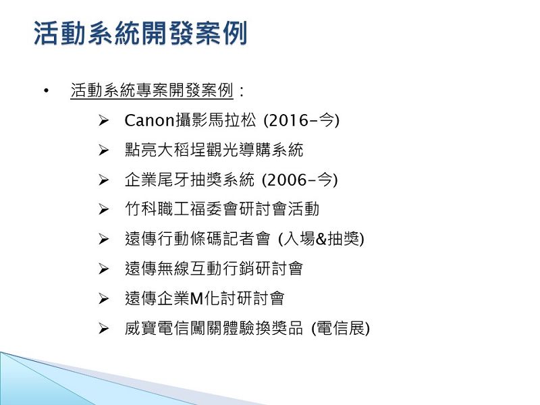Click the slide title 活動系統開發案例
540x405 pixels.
click(140, 33)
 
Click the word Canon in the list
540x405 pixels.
click(150, 121)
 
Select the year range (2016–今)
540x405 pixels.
click(301, 121)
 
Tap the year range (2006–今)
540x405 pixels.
click(300, 180)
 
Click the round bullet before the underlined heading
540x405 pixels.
click(46, 91)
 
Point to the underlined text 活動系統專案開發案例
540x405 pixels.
click(152, 90)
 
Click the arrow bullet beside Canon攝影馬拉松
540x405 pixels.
click(103, 121)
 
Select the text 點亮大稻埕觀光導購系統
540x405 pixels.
click(214, 150)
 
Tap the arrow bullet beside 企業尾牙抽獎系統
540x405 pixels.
click(103, 180)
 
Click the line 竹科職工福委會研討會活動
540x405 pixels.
click(222, 209)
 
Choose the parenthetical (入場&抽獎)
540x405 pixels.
click(321, 239)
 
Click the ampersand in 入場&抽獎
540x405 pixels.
click(321, 240)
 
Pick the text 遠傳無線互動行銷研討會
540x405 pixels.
click(214, 269)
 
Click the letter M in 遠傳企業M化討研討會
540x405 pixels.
click(196, 298)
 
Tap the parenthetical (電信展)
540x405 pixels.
click(340, 328)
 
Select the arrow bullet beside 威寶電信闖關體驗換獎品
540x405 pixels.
click(103, 329)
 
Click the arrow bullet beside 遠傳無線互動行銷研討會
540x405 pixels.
click(103, 269)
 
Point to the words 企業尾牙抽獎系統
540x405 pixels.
click(190, 180)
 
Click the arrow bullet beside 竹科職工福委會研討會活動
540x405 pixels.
click(103, 209)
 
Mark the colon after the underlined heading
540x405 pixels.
click(242, 91)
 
